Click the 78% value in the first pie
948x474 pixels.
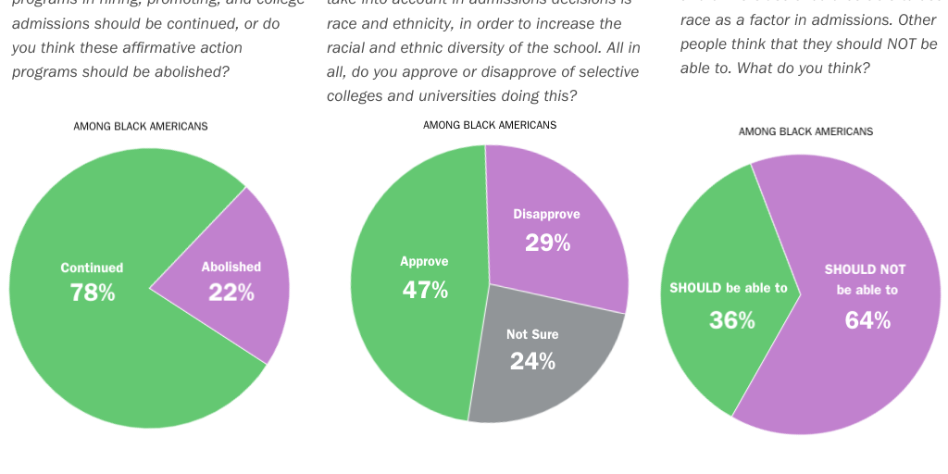pyautogui.click(x=93, y=293)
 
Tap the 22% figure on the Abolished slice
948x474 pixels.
pyautogui.click(x=231, y=293)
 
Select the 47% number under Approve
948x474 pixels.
pyautogui.click(x=425, y=290)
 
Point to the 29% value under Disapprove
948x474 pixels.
pyautogui.click(x=547, y=243)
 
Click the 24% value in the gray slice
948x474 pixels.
pyautogui.click(x=532, y=361)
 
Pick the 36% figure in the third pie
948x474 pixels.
pyautogui.click(x=732, y=320)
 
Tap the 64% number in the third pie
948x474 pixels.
pyautogui.click(x=867, y=320)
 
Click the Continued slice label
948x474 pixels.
pyautogui.click(x=92, y=268)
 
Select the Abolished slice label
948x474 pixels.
pyautogui.click(x=231, y=267)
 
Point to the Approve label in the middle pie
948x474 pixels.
pyautogui.click(x=424, y=262)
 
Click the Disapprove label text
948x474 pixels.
pyautogui.click(x=547, y=215)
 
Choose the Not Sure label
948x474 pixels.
pyautogui.click(x=532, y=334)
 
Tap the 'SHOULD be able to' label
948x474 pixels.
pyautogui.click(x=729, y=288)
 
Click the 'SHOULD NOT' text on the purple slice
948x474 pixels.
pyautogui.click(x=866, y=269)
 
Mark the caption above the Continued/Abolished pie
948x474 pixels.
pyautogui.click(x=141, y=126)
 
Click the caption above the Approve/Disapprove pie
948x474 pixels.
pyautogui.click(x=490, y=125)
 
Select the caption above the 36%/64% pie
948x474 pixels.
pyautogui.click(x=805, y=131)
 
